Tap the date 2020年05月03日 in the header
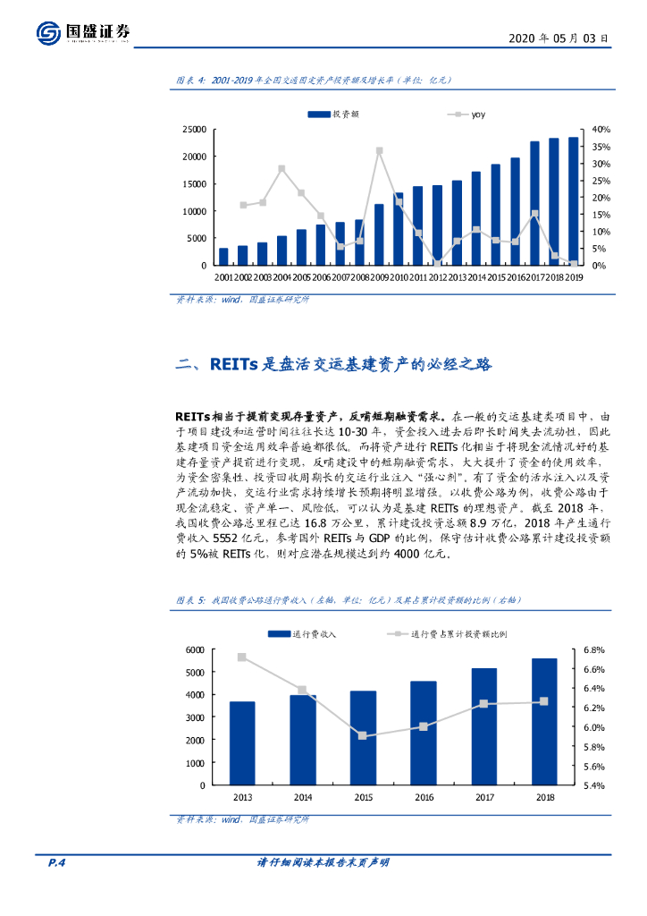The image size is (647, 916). tap(559, 38)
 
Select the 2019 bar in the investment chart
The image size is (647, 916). tap(573, 201)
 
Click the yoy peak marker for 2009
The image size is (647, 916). tap(379, 151)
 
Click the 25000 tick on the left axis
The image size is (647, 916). tap(193, 129)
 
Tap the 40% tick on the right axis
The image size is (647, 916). tap(601, 129)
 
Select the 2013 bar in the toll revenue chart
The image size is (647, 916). tap(241, 742)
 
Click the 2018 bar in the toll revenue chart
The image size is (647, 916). tap(543, 721)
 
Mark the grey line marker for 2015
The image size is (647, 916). tap(363, 735)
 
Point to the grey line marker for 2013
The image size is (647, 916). tap(241, 657)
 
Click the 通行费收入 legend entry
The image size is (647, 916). tap(304, 633)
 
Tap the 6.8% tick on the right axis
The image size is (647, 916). tap(595, 649)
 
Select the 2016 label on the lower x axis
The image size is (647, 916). tap(423, 797)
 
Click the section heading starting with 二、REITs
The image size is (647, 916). tap(334, 364)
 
